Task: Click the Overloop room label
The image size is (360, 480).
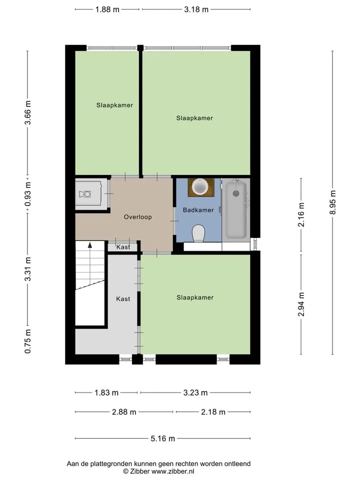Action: (x=138, y=217)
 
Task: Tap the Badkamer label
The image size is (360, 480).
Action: (x=198, y=210)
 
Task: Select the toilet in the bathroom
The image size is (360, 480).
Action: (x=198, y=233)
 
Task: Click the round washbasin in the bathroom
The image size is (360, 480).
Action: (x=200, y=186)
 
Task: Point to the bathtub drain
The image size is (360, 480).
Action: (x=236, y=193)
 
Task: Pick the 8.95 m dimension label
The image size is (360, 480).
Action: (x=333, y=202)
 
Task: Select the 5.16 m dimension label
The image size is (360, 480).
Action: (x=163, y=438)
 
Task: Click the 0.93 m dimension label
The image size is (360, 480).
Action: (x=28, y=194)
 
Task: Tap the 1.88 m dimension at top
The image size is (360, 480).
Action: (x=107, y=9)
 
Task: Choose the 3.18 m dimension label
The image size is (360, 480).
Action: (x=196, y=9)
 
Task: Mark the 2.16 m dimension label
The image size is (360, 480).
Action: (x=301, y=214)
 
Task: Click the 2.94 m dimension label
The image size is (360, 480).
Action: (x=301, y=304)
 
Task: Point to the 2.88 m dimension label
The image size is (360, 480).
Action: (x=124, y=412)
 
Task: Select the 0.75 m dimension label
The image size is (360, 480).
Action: (x=28, y=341)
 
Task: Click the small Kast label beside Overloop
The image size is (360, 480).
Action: (x=123, y=247)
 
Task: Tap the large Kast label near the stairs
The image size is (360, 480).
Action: (x=123, y=299)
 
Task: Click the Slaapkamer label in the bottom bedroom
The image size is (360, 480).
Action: (x=195, y=297)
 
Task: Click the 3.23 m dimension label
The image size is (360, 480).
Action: (x=195, y=393)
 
